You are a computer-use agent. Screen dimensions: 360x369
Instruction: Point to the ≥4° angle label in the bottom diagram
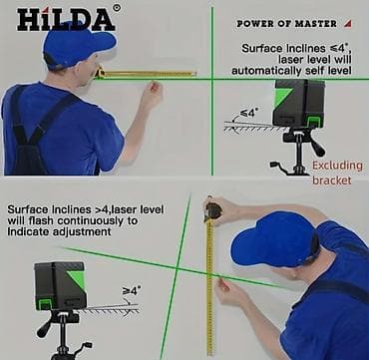click(131, 290)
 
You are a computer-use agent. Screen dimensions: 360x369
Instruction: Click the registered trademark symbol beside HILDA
click(116, 7)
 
